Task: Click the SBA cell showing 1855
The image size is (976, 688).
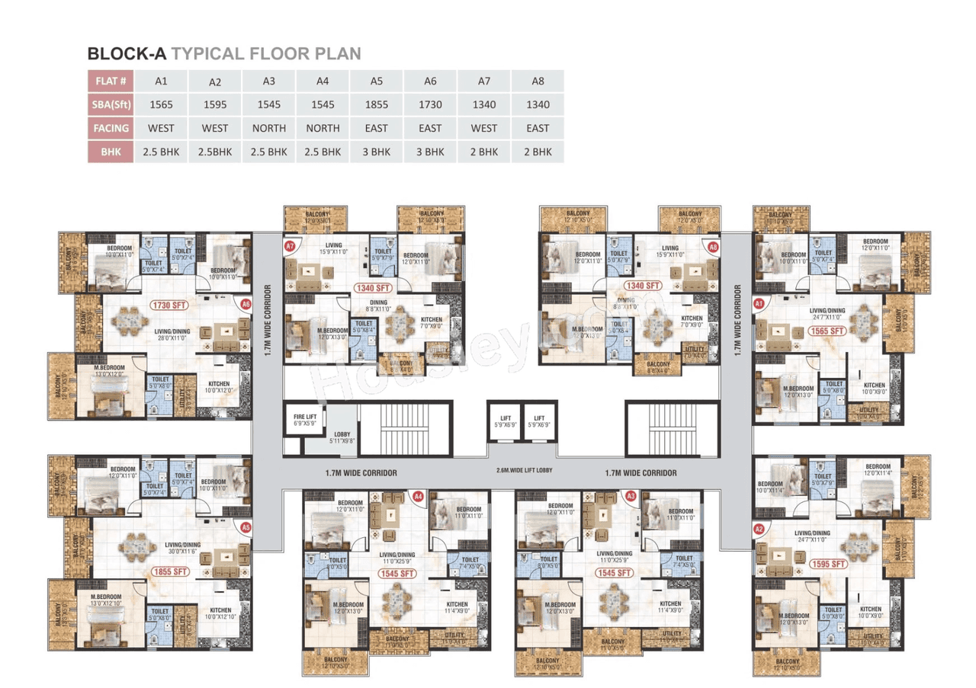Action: tap(376, 105)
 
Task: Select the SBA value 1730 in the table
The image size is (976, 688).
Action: tap(430, 105)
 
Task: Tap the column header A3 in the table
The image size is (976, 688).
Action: tap(268, 82)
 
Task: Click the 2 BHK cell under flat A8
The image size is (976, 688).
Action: tap(538, 152)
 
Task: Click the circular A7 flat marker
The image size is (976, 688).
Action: tap(290, 247)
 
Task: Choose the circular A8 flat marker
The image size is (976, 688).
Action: tap(714, 247)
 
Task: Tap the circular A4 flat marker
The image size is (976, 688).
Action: tap(418, 496)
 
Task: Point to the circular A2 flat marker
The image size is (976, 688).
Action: tap(759, 529)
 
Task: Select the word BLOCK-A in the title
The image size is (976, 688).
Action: tap(127, 54)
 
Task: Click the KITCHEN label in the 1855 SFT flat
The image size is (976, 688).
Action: tap(221, 610)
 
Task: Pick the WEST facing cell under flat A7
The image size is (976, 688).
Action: tap(484, 128)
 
